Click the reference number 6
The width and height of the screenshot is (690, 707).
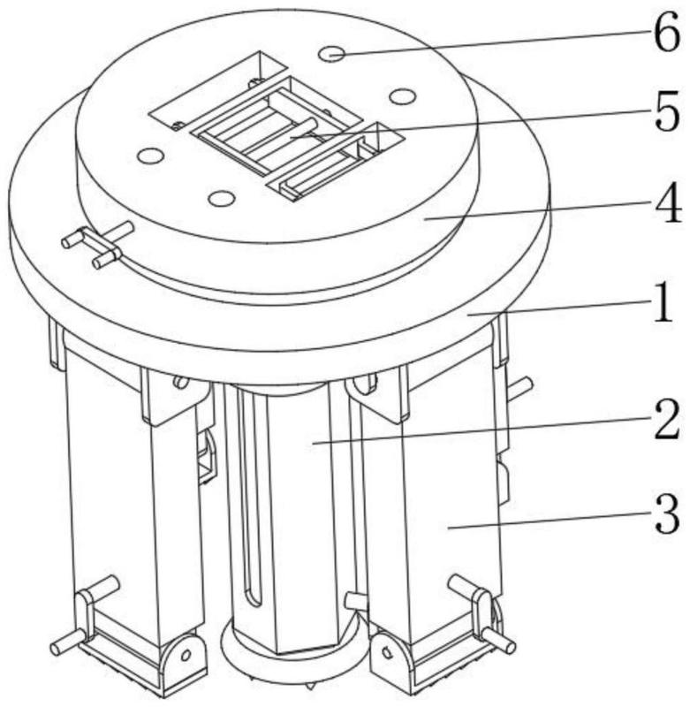666,33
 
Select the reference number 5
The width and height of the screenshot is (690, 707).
666,111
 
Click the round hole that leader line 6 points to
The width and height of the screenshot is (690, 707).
331,54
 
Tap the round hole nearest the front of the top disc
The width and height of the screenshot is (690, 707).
221,197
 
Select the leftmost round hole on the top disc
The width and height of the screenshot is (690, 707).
151,156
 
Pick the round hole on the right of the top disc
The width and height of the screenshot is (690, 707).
403,96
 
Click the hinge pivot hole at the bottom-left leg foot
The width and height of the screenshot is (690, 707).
186,654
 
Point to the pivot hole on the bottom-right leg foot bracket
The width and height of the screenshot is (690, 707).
385,652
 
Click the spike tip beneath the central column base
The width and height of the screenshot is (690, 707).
309,688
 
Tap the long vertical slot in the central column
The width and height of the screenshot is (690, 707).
249,496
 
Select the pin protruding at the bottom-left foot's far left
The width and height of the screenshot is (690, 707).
66,642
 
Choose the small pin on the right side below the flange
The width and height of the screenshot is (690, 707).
520,387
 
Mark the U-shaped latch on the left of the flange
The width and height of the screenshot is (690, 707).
95,244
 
